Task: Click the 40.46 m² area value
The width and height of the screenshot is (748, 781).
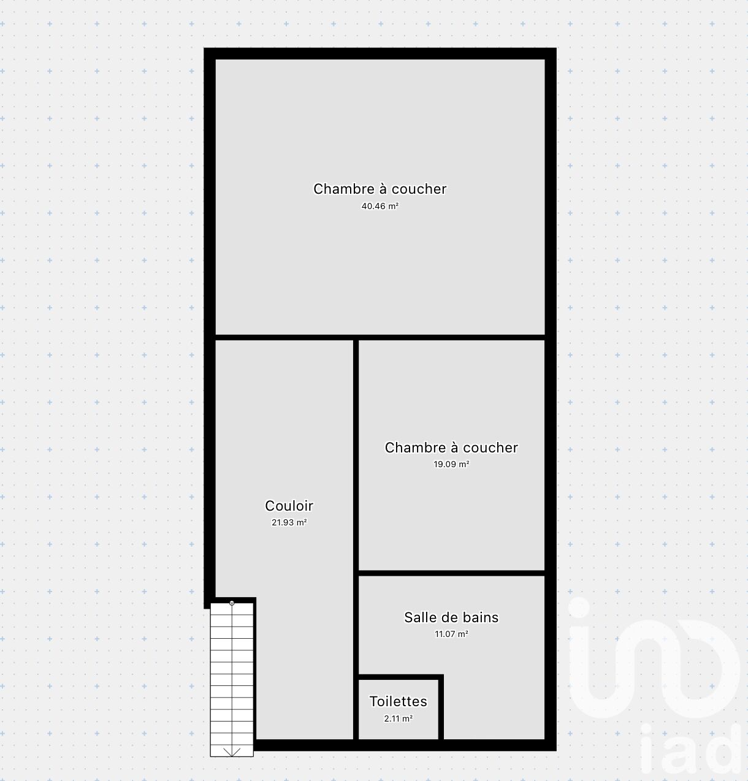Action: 380,206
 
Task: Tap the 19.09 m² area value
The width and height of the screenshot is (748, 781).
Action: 451,464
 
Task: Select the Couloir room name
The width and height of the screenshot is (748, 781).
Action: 289,505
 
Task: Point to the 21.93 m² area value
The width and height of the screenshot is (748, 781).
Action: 289,522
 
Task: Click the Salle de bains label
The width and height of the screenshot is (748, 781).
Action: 451,617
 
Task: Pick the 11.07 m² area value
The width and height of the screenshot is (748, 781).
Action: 451,634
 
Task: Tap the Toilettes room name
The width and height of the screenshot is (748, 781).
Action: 398,701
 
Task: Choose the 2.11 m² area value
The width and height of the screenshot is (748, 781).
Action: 398,718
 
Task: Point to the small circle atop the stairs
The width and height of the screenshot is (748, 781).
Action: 232,603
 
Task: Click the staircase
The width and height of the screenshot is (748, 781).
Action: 232,679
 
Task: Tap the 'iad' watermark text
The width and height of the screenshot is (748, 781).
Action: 690,750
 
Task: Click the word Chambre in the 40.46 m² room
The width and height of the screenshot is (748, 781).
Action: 344,189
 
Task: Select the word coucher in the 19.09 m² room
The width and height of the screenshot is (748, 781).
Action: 490,448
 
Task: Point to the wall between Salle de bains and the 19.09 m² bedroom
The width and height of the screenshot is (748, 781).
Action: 451,573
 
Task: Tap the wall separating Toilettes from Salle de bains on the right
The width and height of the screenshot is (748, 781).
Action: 441,709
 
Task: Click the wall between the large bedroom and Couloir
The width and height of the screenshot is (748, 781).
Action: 284,337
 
